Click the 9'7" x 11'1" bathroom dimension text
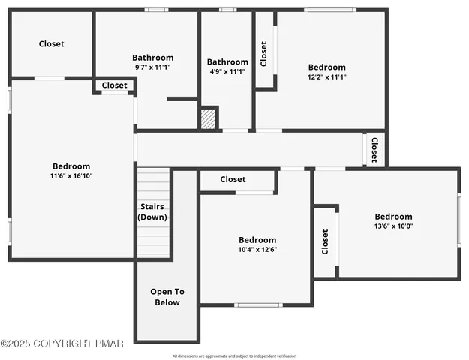tap(152, 67)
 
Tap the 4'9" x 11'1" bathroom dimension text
tap(227, 71)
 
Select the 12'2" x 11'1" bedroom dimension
tap(326, 76)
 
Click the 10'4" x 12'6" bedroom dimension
tap(257, 250)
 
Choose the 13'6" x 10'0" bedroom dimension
tap(393, 226)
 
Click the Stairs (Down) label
tap(152, 211)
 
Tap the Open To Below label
tap(167, 297)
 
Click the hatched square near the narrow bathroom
tap(208, 118)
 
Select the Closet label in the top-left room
tap(52, 44)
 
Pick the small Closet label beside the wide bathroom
tap(114, 85)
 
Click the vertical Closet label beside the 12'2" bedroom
tap(263, 53)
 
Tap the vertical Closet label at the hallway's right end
tap(374, 149)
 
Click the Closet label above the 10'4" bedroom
tap(233, 180)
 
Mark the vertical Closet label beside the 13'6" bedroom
tap(325, 241)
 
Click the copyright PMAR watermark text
tap(62, 343)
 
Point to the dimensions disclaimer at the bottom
tap(234, 355)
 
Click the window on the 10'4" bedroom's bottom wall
tap(258, 304)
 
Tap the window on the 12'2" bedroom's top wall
tap(330, 10)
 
